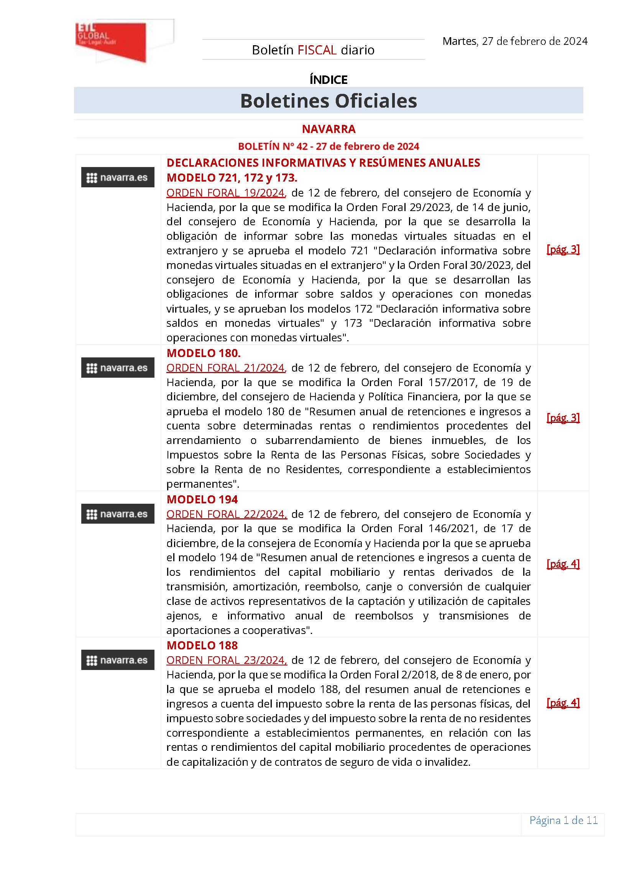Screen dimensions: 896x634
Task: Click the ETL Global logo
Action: (111, 41)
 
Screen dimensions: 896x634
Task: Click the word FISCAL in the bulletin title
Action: (317, 50)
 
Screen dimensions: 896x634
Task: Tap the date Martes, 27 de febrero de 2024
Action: (514, 41)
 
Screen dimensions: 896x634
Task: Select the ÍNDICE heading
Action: (328, 80)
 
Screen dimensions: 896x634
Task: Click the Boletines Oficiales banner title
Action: (328, 101)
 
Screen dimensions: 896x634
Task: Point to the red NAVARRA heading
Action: (328, 129)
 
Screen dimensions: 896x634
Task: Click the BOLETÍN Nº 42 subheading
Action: (328, 146)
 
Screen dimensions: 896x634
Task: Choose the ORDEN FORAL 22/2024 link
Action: (227, 514)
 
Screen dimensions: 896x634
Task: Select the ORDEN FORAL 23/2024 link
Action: (227, 660)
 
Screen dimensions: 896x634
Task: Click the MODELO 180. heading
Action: (204, 353)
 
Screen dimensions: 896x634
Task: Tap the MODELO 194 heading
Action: (202, 500)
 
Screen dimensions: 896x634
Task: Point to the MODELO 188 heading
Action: (202, 645)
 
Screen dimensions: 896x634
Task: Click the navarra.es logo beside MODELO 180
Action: (118, 368)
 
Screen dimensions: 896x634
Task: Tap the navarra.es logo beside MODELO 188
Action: (118, 660)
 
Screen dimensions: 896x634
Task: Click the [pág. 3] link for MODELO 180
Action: (563, 418)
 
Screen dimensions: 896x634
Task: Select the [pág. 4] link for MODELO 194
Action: (563, 564)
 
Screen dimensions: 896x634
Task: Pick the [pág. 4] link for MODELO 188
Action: (563, 703)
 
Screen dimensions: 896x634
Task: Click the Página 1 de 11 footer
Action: (563, 820)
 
